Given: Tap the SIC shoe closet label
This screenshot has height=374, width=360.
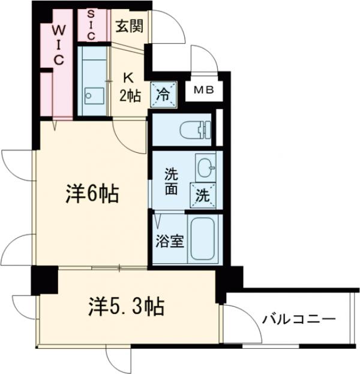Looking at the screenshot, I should (x=92, y=25).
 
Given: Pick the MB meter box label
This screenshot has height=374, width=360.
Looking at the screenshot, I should (x=202, y=91).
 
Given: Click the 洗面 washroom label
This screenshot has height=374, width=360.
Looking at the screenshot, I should (x=171, y=181).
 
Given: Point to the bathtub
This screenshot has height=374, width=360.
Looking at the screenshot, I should (x=205, y=240).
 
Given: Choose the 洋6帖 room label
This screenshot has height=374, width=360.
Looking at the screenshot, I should (x=91, y=194).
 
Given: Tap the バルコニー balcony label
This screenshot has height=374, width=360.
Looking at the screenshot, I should (x=298, y=319).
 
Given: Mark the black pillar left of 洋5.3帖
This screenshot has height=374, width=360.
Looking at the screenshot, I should (x=44, y=278).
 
